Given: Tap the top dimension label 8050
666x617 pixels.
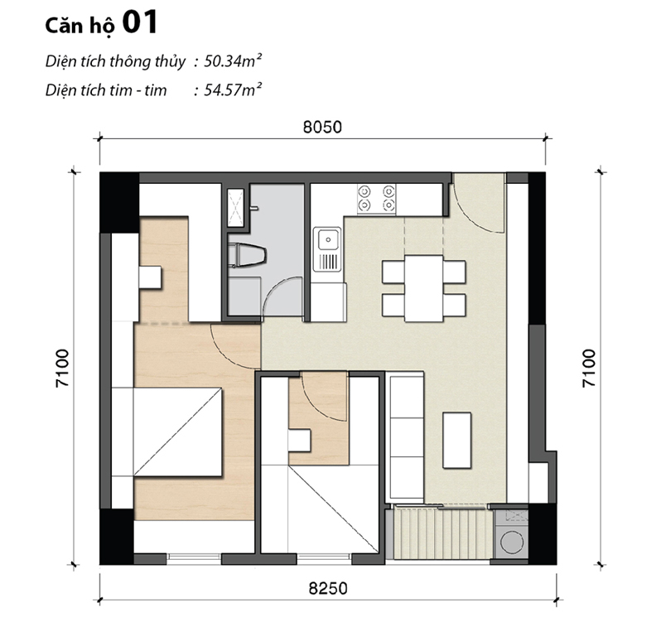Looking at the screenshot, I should click(x=322, y=128).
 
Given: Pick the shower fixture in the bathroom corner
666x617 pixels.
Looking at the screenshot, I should click(x=236, y=207).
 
